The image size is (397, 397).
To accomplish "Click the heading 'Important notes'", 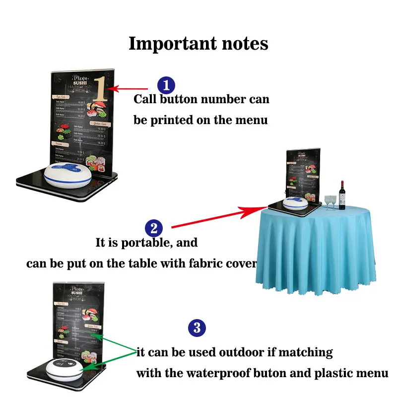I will point(198,44).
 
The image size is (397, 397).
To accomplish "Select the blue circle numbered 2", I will point(154,229).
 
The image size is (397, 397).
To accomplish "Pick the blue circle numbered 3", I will point(197,328).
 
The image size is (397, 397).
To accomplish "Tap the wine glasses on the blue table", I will point(330,201).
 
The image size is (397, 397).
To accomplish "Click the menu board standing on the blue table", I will point(303,171).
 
